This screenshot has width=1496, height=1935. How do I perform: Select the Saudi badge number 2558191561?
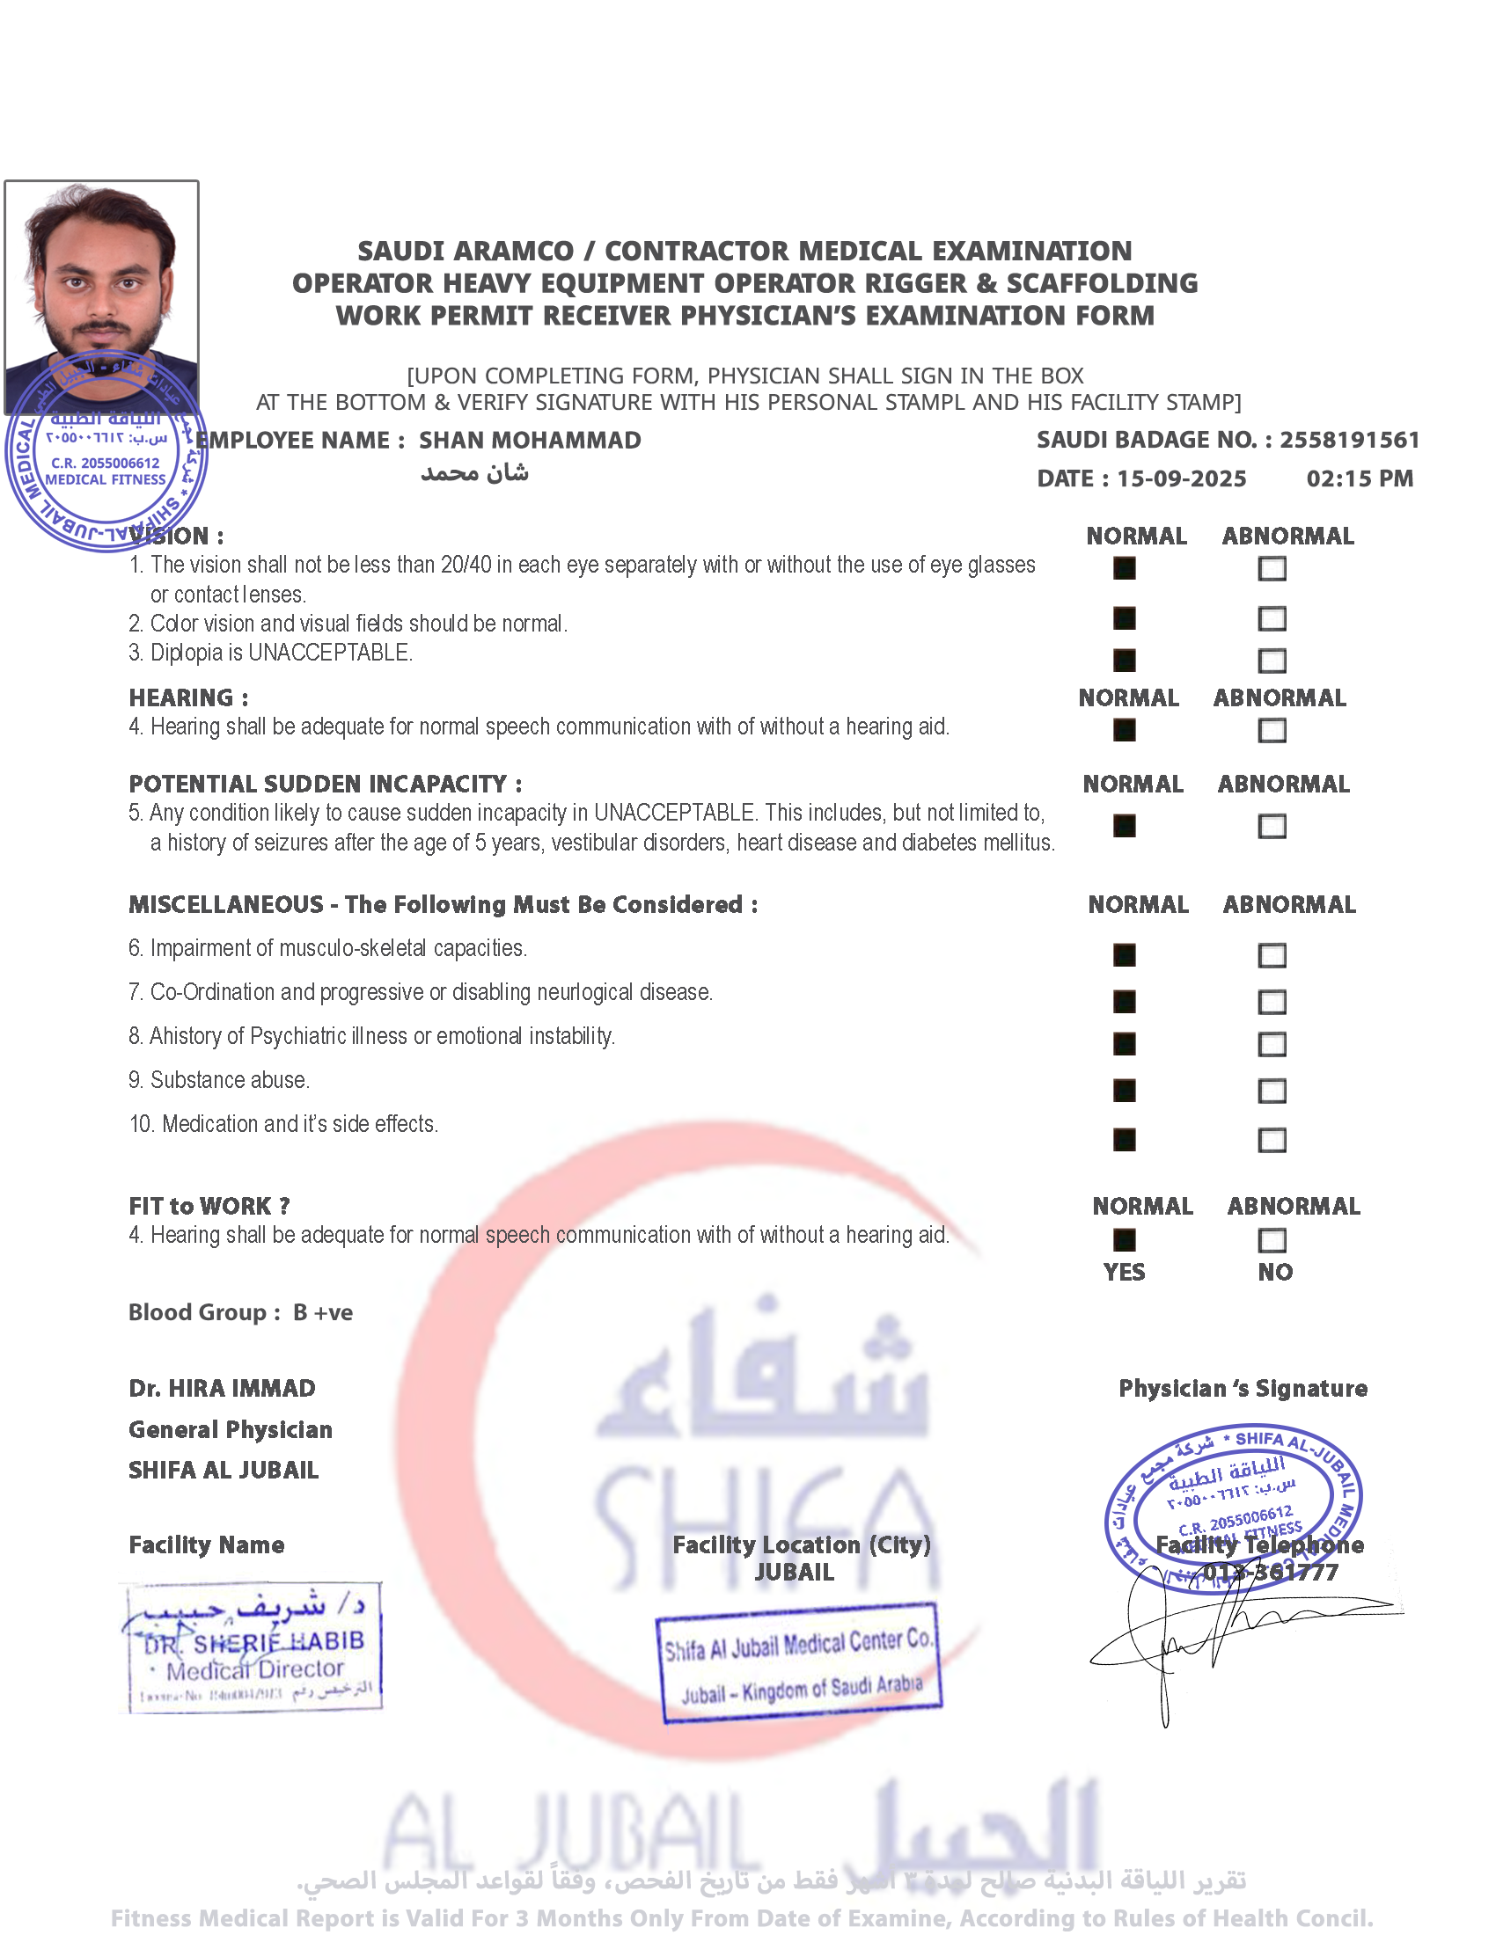coord(1349,441)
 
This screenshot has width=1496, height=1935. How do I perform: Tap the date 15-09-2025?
coord(1180,479)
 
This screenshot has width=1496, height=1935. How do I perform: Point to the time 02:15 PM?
coord(1360,479)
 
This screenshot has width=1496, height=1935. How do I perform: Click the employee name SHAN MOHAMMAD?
coord(530,441)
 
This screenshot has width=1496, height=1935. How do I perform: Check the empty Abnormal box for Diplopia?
coord(1272,661)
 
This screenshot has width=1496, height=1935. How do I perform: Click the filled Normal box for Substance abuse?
coord(1124,1091)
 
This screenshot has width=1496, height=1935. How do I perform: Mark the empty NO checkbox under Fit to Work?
coord(1272,1240)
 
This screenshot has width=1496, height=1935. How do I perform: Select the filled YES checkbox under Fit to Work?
coord(1124,1240)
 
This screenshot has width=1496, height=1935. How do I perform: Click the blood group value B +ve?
coord(323,1312)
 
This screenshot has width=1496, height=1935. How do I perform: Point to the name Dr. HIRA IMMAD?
coord(222,1388)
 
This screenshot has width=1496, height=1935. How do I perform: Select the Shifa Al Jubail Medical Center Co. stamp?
coord(797,1663)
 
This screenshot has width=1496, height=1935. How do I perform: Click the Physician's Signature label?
coord(1243,1388)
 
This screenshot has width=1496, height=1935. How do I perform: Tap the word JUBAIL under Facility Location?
coord(794,1573)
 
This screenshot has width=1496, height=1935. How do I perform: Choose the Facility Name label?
coord(207,1545)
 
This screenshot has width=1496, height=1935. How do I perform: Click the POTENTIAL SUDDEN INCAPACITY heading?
coord(326,784)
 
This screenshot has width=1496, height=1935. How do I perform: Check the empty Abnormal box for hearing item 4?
coord(1272,731)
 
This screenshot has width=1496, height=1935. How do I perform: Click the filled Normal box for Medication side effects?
coord(1124,1139)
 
